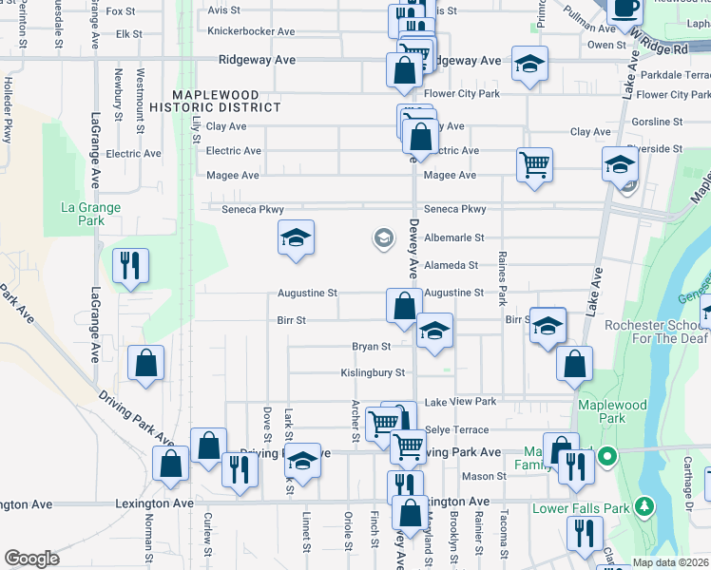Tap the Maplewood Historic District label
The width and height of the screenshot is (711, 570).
(227, 101)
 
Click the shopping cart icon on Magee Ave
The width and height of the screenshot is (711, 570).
(535, 163)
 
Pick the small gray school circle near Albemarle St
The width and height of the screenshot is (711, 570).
(384, 237)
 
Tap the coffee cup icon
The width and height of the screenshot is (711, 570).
(625, 9)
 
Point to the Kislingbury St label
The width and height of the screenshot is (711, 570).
(374, 373)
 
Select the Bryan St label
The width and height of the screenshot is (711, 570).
(372, 347)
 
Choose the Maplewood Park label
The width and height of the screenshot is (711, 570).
(612, 412)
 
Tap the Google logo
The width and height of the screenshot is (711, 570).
(31, 559)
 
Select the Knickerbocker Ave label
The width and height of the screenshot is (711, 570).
(251, 31)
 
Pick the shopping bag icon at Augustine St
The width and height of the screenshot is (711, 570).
(404, 305)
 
